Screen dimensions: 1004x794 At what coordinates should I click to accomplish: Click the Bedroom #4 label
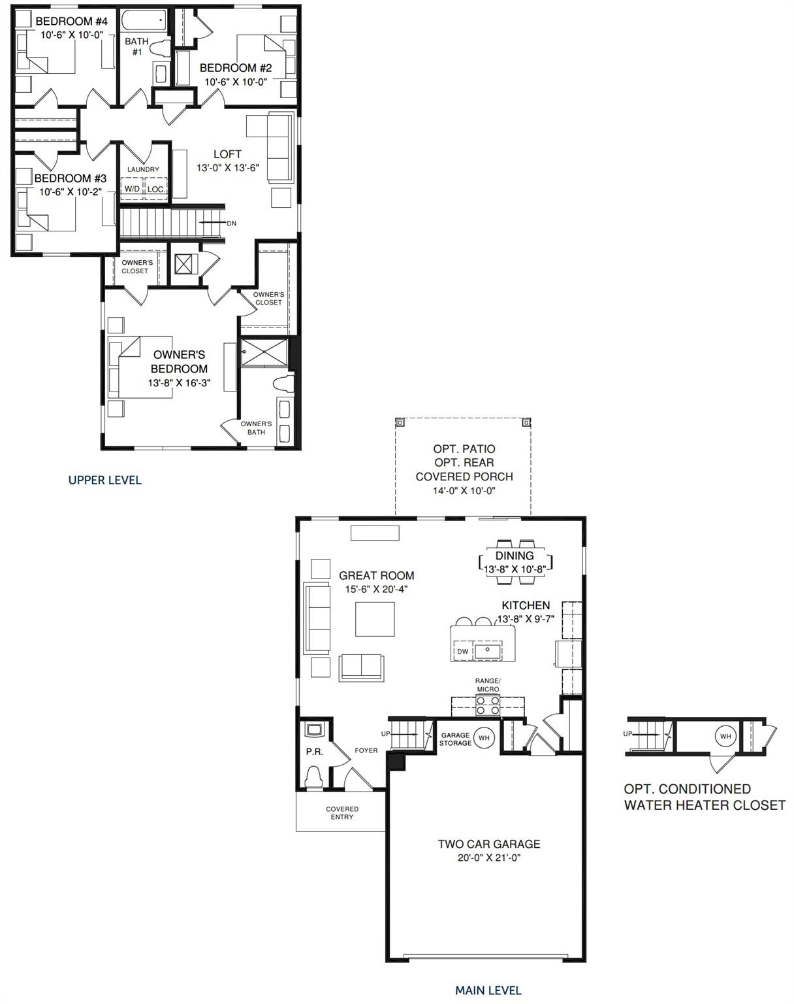[62, 22]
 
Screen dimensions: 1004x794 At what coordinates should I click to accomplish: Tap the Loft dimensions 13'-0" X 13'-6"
[228, 167]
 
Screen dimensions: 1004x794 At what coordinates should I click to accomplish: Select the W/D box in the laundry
[132, 189]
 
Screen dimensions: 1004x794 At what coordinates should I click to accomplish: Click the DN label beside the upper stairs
[231, 224]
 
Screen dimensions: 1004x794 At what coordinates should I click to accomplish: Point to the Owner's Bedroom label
[179, 361]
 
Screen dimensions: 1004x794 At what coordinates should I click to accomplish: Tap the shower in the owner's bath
[264, 352]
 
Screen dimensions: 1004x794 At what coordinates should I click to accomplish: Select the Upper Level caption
[104, 480]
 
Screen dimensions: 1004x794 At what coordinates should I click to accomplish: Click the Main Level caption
[488, 990]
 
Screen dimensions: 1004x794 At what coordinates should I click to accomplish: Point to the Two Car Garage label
[488, 844]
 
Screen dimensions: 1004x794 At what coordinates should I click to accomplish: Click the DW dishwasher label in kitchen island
[462, 652]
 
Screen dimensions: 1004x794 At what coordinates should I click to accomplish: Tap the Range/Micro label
[487, 684]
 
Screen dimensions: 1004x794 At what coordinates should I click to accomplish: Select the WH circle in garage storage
[484, 738]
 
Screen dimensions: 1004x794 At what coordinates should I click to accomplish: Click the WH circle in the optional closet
[725, 737]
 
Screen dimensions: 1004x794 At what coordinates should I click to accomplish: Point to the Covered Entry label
[342, 813]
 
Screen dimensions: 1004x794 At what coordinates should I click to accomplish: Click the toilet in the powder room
[314, 777]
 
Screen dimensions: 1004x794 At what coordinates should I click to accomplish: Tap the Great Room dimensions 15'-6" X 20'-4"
[376, 589]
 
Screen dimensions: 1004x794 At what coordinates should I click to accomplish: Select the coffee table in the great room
[375, 618]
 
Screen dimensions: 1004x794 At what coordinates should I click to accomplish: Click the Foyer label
[366, 750]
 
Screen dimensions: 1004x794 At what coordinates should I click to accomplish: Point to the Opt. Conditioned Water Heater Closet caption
[704, 797]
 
